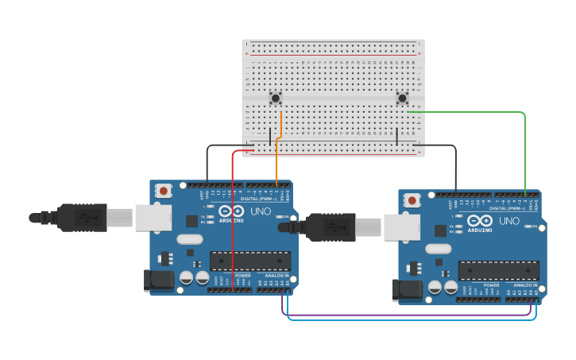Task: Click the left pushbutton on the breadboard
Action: point(276,99)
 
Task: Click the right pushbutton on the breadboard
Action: point(403,99)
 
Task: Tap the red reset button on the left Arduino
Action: point(164,191)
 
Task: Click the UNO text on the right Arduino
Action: point(510,221)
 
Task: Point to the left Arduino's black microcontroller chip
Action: point(250,260)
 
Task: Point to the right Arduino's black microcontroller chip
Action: point(498,270)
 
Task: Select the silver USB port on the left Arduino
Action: point(153,217)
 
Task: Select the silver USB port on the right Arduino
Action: point(401,227)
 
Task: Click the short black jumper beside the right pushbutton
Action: point(396,135)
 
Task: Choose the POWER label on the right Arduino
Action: point(492,285)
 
